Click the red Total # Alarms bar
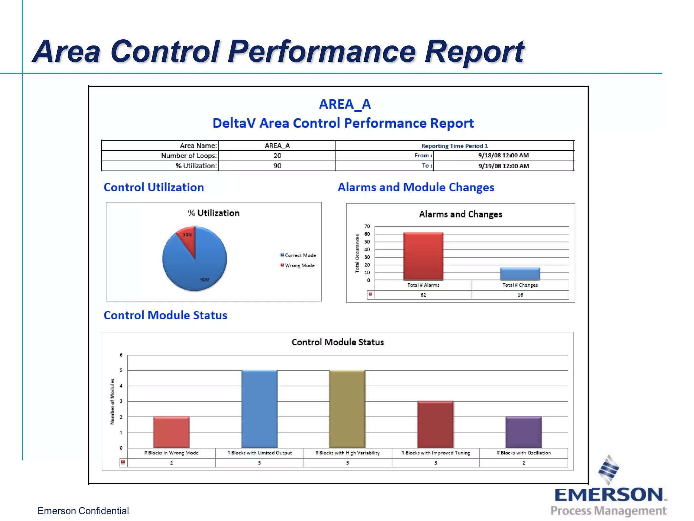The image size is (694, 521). coord(423,256)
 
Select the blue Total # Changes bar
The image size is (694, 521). coord(520,274)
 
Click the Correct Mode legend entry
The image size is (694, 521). coord(298,255)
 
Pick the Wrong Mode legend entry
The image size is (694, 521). coord(298,266)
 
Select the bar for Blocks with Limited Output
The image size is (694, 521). coord(259,409)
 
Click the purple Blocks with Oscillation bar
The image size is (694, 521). coord(523,432)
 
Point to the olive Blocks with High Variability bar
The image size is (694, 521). coord(347,409)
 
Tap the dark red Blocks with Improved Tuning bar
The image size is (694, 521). coord(435,424)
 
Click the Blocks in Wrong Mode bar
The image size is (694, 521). coord(171,432)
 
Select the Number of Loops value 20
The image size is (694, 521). coord(277,156)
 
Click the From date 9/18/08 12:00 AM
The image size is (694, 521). coord(503,155)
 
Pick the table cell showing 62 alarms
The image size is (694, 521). coord(423,295)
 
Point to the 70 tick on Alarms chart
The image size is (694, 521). coord(367,226)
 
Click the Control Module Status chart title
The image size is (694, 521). coord(338,342)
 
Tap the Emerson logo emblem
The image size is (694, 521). coord(609,470)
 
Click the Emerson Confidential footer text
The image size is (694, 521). coord(83,511)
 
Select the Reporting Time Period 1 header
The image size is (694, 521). coord(454,146)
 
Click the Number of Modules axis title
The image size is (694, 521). coord(113,402)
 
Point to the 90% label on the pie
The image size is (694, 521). coord(204,280)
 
